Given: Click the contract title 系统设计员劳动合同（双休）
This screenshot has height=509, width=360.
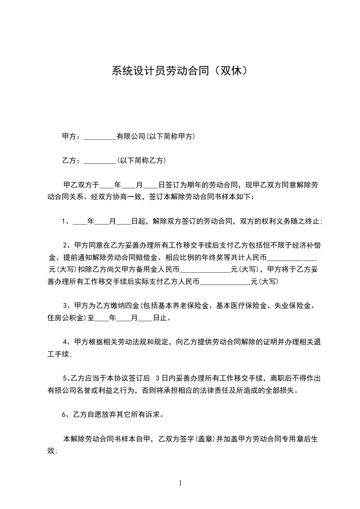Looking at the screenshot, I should [180, 71].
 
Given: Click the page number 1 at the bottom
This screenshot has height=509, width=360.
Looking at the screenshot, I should [180, 483].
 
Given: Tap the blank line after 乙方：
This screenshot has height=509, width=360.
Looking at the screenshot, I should [100, 161].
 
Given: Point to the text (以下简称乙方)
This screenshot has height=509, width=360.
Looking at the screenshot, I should [141, 160].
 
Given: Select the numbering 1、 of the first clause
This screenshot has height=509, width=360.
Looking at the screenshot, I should [67, 222].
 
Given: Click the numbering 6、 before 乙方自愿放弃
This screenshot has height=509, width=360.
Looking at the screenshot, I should [66, 414].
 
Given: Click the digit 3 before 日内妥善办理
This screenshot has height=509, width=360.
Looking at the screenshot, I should [158, 378].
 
